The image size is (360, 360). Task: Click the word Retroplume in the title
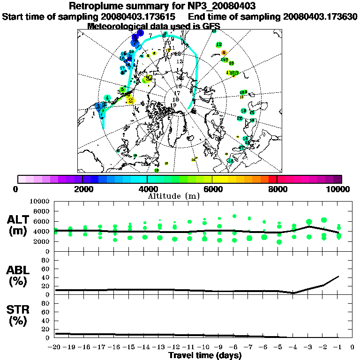(93, 6)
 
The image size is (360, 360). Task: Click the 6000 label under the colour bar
(212, 189)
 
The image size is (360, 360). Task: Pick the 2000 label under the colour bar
(82, 189)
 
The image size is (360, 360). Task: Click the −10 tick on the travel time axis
(204, 348)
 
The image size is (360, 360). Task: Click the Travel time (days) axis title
(205, 356)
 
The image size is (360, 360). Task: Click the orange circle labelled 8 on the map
(224, 52)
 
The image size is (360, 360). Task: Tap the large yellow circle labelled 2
(130, 99)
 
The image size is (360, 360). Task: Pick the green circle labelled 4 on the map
(108, 98)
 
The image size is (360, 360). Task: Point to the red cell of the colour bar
(273, 179)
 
